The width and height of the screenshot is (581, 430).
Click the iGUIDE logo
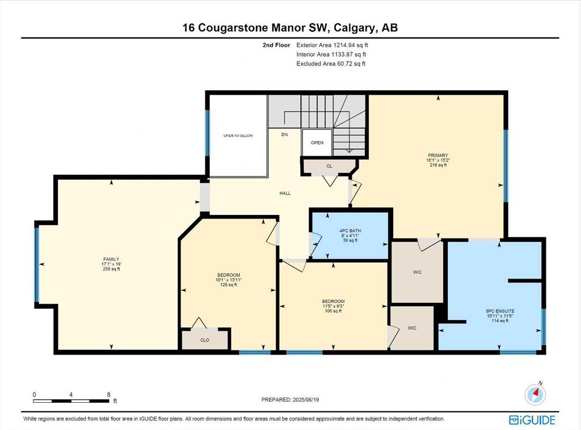532,420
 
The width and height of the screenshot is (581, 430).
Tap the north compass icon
535,394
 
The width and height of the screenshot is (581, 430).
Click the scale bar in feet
71,401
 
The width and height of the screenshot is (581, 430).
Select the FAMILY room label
111,259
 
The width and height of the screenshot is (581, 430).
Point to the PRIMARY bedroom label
438,155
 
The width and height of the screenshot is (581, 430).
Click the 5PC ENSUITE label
500,311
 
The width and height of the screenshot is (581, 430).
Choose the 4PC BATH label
350,231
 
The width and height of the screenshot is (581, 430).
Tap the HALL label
285,193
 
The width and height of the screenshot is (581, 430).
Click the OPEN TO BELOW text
238,136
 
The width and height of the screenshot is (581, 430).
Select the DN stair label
285,134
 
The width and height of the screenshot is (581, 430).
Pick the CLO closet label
205,340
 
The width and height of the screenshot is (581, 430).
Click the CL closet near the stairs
330,166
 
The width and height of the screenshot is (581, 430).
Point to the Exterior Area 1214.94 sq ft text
332,45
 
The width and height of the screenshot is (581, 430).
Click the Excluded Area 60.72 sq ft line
331,64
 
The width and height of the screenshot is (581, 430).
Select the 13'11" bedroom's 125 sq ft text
229,285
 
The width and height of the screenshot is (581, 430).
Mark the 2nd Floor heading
276,45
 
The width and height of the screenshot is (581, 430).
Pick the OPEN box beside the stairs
317,142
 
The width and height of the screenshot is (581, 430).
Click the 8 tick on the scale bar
108,395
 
